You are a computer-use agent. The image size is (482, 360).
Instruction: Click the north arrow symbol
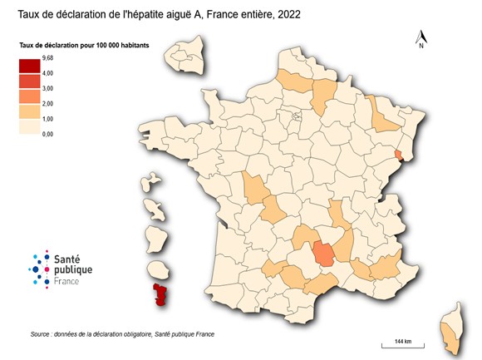click(x=421, y=37)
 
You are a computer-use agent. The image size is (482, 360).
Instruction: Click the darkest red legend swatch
click(x=31, y=66)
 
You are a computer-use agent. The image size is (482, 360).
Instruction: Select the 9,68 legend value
click(x=47, y=57)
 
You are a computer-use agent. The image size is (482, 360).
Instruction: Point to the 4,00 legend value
click(x=47, y=73)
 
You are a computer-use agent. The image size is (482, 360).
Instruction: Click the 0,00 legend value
click(x=47, y=133)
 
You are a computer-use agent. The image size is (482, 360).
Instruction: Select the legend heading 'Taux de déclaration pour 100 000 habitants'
click(x=84, y=45)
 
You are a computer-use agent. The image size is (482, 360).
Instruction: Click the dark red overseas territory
click(x=158, y=295)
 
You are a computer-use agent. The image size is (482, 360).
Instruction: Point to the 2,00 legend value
click(x=47, y=103)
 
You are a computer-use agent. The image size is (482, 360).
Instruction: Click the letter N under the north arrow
click(x=421, y=47)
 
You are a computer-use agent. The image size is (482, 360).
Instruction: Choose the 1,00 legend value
click(x=47, y=118)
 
